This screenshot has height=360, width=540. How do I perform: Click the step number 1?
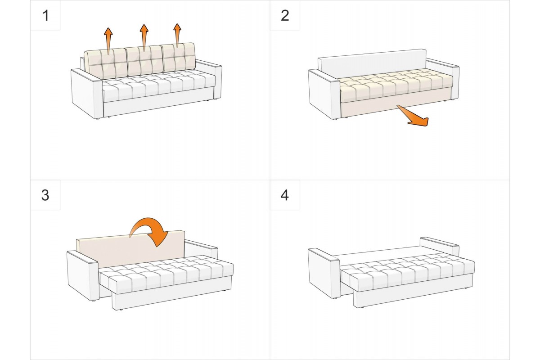coord(45,16)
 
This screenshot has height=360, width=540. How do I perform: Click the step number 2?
coord(285,16)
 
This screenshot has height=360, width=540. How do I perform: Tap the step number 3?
coord(45,195)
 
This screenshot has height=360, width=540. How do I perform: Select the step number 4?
coord(285,195)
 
